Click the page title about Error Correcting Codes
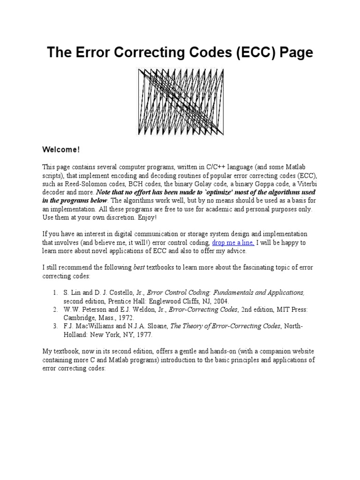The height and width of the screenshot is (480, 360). pos(180,52)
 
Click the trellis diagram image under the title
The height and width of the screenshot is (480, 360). pos(180,102)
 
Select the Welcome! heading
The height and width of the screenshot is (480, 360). pos(61,150)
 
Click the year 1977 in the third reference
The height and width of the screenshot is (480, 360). pos(143,335)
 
